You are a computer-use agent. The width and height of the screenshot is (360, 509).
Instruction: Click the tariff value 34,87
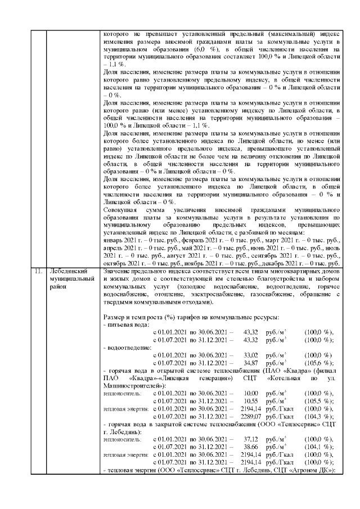[250, 363]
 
